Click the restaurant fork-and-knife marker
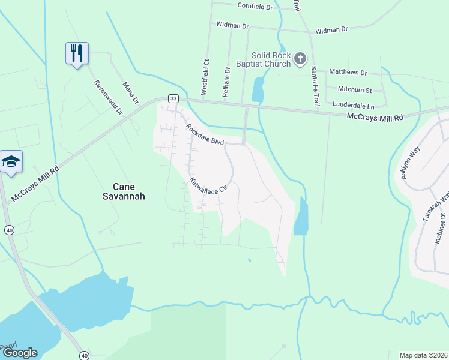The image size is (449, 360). [77, 53]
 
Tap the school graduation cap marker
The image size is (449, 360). [11, 162]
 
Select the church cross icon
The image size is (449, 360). [300, 58]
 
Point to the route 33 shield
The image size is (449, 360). [173, 98]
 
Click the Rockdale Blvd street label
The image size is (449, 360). [205, 134]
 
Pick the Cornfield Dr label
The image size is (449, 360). [255, 7]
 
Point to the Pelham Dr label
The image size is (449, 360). [227, 78]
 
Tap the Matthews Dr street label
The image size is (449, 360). [348, 73]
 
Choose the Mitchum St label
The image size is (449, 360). [355, 90]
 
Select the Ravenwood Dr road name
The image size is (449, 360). [107, 98]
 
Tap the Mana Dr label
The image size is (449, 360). [130, 92]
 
